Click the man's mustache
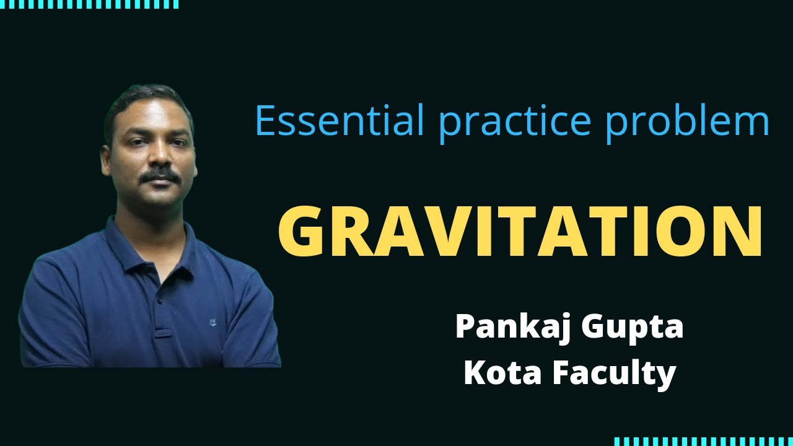click(159, 177)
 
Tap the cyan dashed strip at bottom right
click(703, 441)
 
